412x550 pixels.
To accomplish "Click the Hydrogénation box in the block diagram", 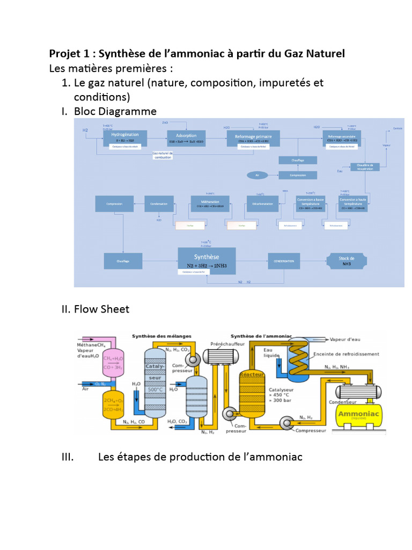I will [x=124, y=137].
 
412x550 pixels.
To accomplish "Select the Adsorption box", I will [x=186, y=138].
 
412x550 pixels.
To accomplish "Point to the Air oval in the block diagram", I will [x=257, y=175].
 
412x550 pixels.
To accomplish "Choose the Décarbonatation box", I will [x=262, y=204].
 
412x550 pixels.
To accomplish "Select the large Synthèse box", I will [x=206, y=261].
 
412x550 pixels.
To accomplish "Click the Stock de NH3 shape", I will [x=347, y=261].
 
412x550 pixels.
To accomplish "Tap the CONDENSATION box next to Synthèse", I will [x=284, y=262].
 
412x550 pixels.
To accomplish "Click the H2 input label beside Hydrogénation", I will [x=85, y=131].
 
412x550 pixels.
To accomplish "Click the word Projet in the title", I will [x=63, y=54].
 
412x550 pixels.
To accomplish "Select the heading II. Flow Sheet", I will [x=94, y=309].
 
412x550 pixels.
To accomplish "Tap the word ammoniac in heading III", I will [x=275, y=457].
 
